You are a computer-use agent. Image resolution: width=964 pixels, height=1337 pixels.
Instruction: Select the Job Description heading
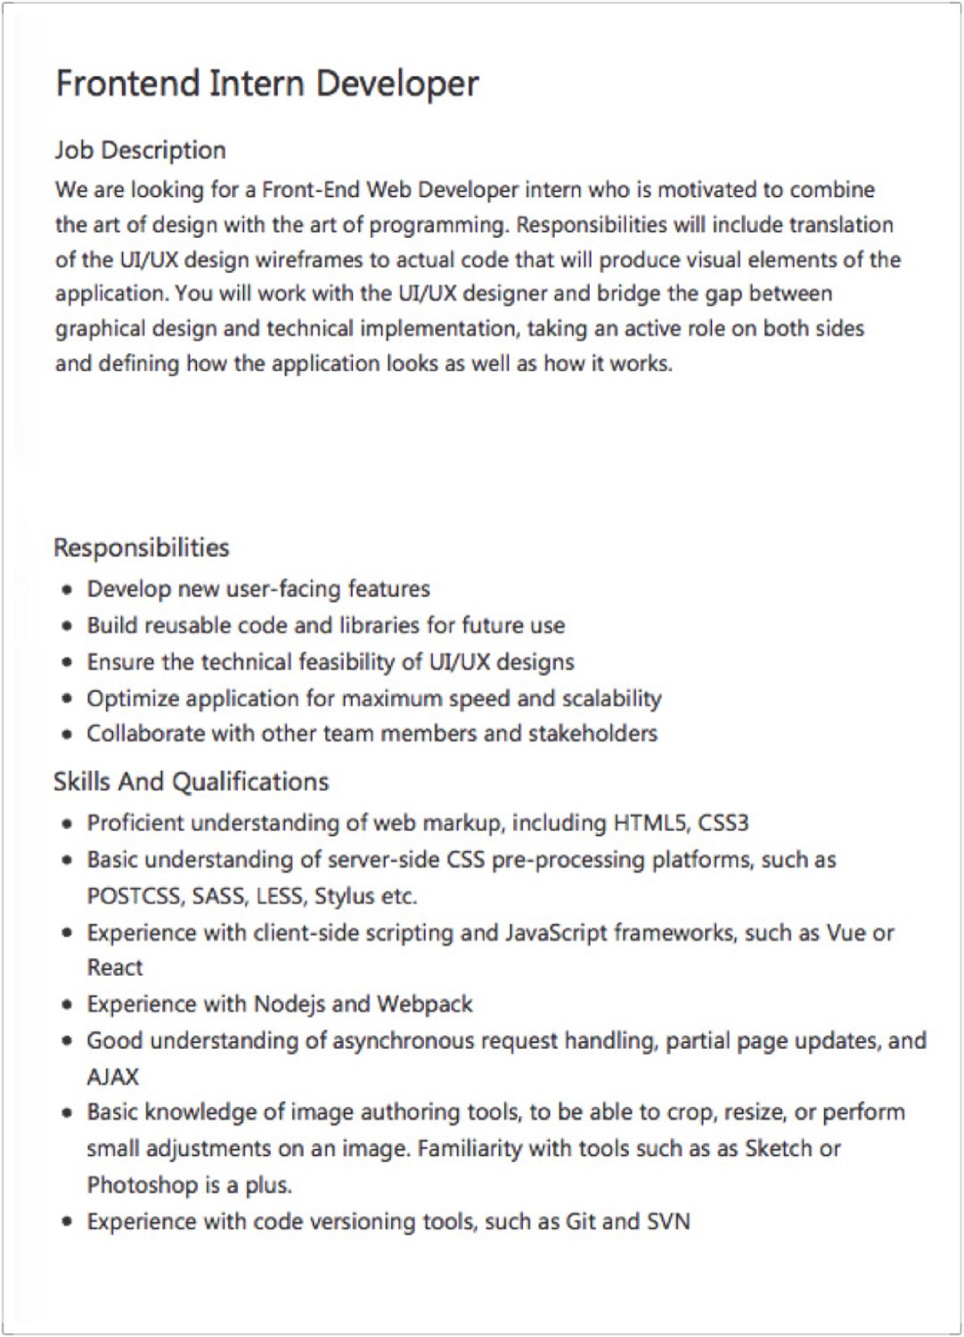point(140,150)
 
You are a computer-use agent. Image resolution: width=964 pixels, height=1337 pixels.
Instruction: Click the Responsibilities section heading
point(141,547)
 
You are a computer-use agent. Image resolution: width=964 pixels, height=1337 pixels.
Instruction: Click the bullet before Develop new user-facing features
point(67,590)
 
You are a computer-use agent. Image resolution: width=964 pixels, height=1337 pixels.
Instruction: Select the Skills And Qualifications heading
point(191,782)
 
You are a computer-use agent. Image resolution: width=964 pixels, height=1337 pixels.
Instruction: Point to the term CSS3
point(723,823)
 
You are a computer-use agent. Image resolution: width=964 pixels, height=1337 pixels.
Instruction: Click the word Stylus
point(344,896)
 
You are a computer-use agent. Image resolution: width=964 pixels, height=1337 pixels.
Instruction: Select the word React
point(114,968)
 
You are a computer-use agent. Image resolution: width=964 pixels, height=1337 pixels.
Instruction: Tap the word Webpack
point(424,1005)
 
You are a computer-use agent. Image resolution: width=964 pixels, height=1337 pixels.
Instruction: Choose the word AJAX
point(112,1077)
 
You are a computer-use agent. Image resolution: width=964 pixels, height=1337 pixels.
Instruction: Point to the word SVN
point(668,1221)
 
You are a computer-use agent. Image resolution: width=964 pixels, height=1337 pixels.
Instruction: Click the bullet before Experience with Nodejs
point(67,1005)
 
